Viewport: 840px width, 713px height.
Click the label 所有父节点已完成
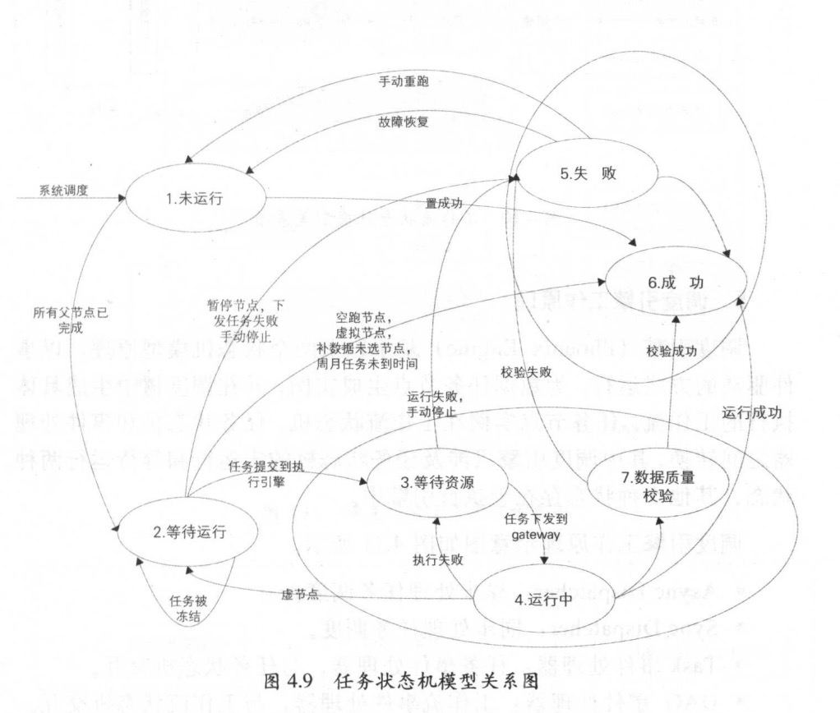58,320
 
